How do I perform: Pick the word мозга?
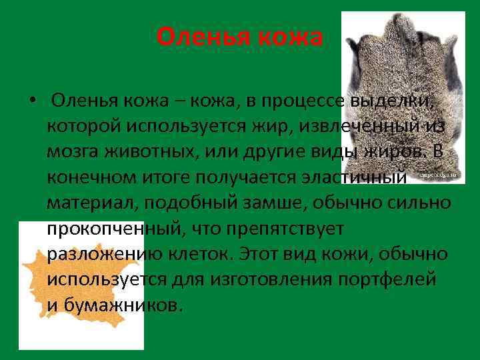(75, 152)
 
